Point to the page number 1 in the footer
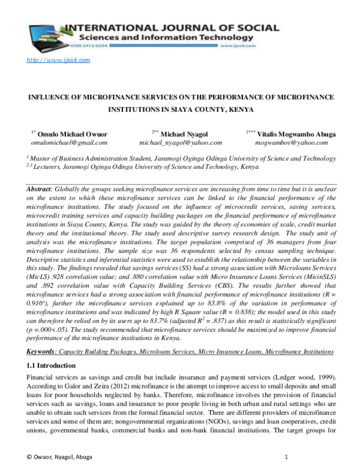[x=287, y=457]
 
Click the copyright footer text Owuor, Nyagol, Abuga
[x=63, y=457]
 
